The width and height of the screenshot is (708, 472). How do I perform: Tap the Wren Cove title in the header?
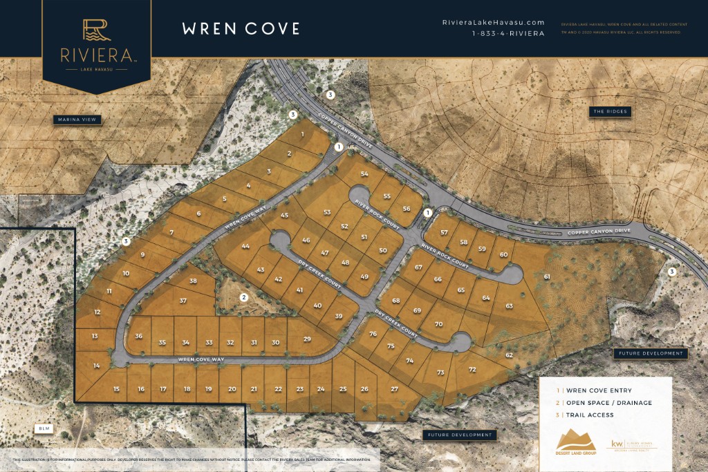pyautogui.click(x=241, y=28)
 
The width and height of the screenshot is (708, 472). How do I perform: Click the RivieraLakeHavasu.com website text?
pyautogui.click(x=493, y=23)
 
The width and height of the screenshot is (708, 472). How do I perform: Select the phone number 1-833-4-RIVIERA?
pyautogui.click(x=507, y=33)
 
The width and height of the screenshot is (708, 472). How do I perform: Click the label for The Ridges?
pyautogui.click(x=611, y=111)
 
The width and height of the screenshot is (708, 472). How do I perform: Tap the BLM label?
pyautogui.click(x=45, y=429)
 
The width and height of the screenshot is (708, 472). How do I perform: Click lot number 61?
pyautogui.click(x=547, y=276)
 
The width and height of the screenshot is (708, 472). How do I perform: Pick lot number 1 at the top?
pyautogui.click(x=303, y=134)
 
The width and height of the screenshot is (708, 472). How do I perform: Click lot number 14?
pyautogui.click(x=97, y=366)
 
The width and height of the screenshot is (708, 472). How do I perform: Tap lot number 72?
pyautogui.click(x=472, y=370)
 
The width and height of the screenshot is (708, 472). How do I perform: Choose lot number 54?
pyautogui.click(x=364, y=174)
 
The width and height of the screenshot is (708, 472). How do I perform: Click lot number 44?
pyautogui.click(x=245, y=247)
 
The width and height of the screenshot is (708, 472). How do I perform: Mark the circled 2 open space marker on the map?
pyautogui.click(x=243, y=298)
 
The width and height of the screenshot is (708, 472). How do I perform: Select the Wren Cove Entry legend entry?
pyautogui.click(x=594, y=390)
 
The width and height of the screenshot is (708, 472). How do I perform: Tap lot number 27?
pyautogui.click(x=394, y=389)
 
